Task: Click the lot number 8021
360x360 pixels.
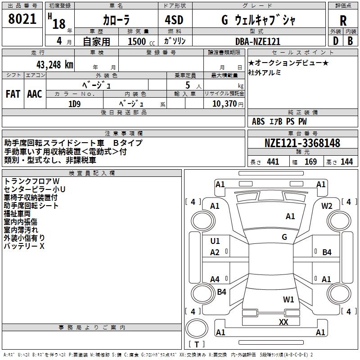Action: [22, 20]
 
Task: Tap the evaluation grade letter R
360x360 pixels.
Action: [343, 21]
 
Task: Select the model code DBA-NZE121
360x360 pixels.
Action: [258, 41]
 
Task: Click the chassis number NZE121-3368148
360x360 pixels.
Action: [302, 143]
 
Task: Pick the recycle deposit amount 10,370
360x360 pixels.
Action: [224, 103]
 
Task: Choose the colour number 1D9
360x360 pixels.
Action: [74, 103]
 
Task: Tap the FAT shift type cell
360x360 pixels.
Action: [13, 94]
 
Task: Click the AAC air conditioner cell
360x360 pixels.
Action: [34, 94]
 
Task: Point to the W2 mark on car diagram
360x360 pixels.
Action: [327, 206]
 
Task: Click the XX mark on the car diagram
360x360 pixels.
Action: [283, 322]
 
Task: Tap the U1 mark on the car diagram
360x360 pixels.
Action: [215, 241]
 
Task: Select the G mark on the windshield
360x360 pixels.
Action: [284, 237]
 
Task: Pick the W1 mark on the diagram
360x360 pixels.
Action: [288, 299]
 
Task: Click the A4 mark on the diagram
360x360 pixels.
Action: [215, 279]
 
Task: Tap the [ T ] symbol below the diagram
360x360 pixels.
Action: [197, 345]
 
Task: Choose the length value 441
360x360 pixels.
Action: [273, 162]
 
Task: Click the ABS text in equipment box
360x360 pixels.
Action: [258, 121]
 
